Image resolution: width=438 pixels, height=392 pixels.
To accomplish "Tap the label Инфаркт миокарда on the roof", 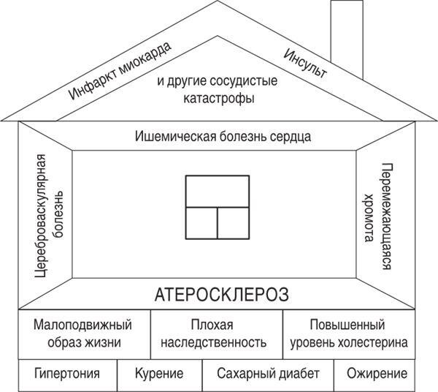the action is [120, 71].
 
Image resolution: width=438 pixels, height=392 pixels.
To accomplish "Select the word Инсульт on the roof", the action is [305, 63].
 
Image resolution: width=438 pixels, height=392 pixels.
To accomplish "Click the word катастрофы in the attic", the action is [219, 99].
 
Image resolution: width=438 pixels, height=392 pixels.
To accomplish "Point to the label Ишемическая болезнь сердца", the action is [223, 137].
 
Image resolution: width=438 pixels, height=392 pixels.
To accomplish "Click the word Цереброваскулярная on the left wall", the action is [40, 216].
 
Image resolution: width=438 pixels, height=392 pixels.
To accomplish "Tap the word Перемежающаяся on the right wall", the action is [387, 216].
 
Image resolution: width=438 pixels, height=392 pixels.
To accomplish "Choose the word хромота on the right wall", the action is [369, 217].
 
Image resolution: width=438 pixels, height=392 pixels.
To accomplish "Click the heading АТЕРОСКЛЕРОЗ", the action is [221, 294].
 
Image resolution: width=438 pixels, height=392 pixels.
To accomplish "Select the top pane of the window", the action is [218, 192].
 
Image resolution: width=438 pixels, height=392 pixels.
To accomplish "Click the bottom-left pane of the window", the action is [201, 223].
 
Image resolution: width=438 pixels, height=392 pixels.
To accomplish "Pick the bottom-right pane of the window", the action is [234, 223].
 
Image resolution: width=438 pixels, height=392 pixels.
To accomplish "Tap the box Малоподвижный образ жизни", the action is [85, 334].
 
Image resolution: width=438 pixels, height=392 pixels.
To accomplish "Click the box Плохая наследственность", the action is [217, 334].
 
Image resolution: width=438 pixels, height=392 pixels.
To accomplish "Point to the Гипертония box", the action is [68, 375].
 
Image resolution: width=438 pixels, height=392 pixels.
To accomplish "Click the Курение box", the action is [160, 375].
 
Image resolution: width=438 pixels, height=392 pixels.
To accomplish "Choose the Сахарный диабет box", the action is [268, 375].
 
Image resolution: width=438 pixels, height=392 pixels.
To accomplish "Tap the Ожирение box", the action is [374, 375].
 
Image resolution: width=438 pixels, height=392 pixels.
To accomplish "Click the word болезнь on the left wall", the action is [58, 214].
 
